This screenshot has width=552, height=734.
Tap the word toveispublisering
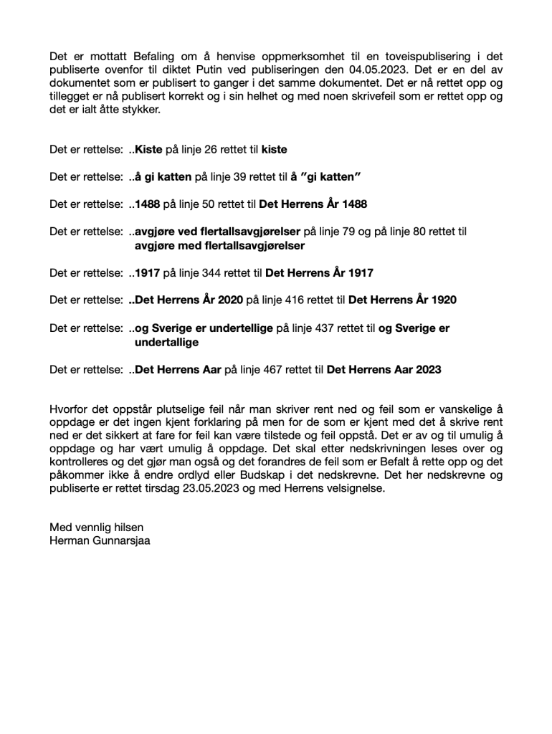[x=427, y=57]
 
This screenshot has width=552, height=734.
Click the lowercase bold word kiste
[x=275, y=150]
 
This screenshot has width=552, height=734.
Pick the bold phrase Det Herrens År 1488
[x=313, y=204]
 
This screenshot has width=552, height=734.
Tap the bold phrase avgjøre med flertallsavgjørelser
[x=219, y=245]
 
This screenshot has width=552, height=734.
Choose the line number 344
[x=215, y=273]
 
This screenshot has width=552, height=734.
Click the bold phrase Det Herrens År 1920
[x=402, y=300]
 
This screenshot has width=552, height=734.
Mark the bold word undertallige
[x=168, y=342]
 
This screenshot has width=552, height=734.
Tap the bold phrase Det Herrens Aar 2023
[x=384, y=370]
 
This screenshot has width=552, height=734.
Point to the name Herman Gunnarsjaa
[x=100, y=541]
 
